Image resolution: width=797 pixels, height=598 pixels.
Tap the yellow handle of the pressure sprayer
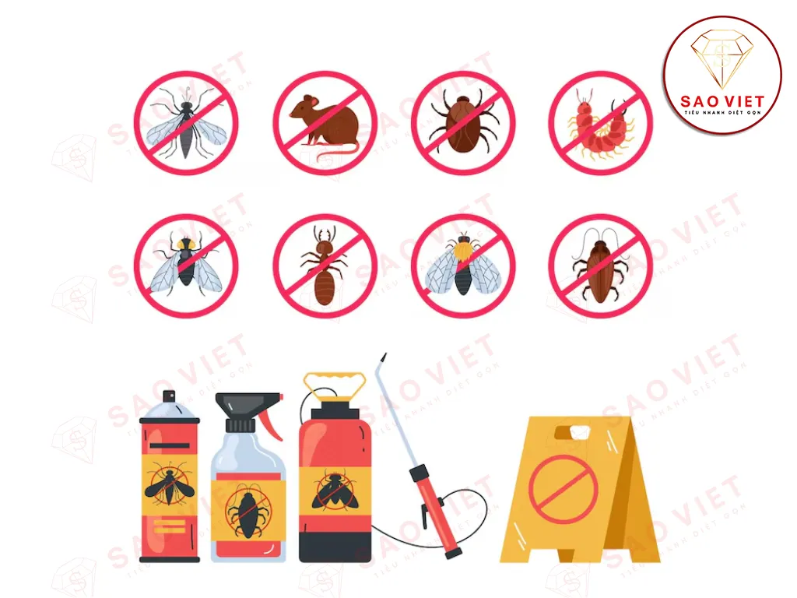[334, 384]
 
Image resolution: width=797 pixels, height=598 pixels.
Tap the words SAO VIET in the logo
[723, 101]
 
